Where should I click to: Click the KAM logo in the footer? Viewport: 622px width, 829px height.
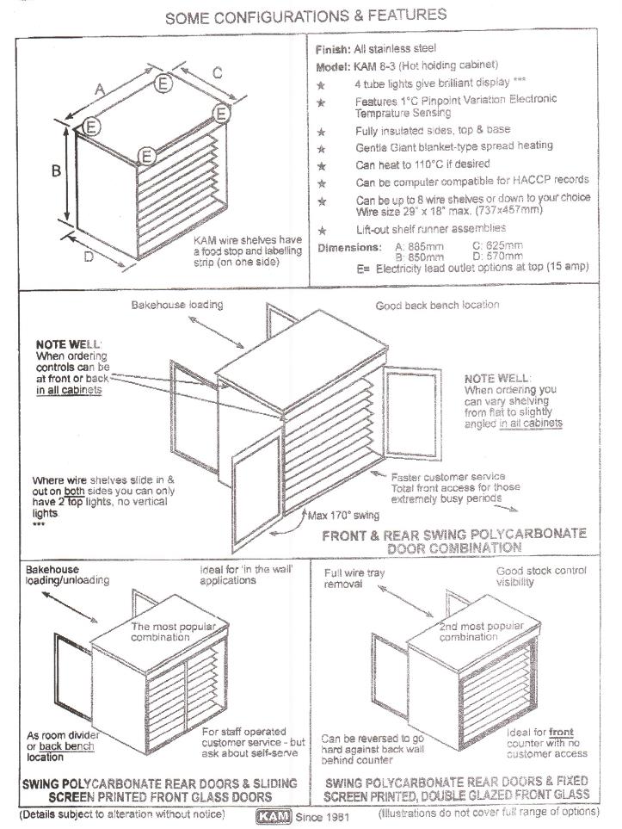point(274,814)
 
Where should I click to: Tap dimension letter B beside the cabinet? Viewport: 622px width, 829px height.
point(56,170)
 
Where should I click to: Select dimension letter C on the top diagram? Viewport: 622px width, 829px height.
point(218,74)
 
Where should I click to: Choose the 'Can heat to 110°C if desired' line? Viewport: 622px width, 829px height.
point(422,164)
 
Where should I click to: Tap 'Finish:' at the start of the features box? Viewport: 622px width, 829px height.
point(335,49)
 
